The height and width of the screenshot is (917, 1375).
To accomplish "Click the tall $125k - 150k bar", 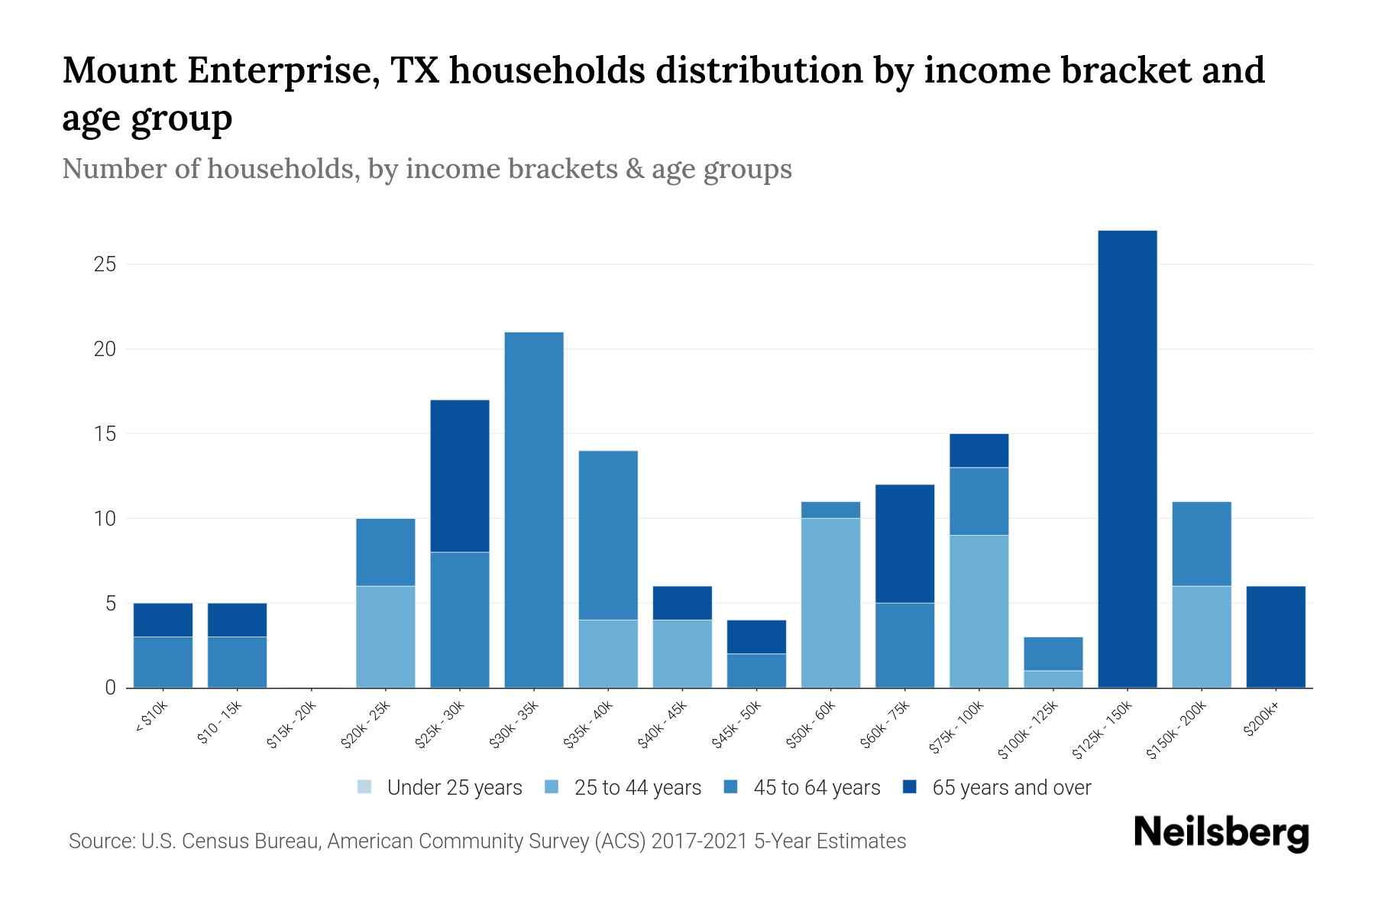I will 1127,458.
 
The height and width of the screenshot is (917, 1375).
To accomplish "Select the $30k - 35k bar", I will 534,510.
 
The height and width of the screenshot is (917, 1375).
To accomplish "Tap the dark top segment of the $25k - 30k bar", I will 460,475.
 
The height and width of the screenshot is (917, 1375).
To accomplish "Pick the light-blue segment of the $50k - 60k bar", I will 830,603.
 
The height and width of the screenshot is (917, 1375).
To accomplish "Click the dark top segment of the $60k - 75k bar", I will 904,543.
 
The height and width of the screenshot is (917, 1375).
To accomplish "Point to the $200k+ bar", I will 1276,637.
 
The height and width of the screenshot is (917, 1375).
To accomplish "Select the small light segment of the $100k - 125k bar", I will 1053,679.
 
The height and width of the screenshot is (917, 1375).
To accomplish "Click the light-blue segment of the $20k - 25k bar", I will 386,637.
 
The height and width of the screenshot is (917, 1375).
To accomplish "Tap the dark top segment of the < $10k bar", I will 163,620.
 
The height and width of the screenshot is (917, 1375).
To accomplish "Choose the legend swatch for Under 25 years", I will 365,787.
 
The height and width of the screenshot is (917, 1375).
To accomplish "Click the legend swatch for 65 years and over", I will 911,787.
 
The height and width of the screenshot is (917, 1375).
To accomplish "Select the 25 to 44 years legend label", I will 638,787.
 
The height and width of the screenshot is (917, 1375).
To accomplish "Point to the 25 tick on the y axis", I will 105,265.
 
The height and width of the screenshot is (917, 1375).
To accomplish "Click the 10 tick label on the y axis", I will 105,519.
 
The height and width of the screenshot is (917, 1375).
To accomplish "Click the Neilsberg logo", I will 1221,834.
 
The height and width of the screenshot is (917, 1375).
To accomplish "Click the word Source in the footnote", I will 100,841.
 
